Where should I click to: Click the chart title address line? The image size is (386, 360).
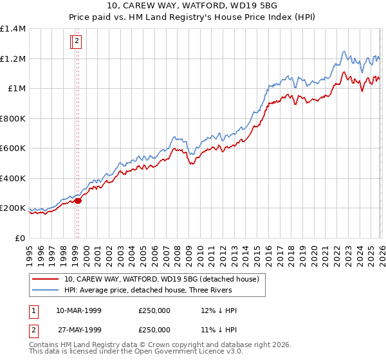coord(192,6)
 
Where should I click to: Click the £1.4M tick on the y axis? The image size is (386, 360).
coord(14,29)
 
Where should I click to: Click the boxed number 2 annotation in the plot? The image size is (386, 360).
coord(77,42)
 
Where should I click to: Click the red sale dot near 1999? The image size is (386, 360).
coord(78,201)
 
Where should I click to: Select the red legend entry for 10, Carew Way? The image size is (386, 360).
coord(161,279)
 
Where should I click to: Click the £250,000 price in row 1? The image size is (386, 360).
coord(154,310)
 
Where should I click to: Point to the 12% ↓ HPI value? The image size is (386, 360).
coord(219,310)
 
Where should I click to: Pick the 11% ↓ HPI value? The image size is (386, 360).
coord(219,330)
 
